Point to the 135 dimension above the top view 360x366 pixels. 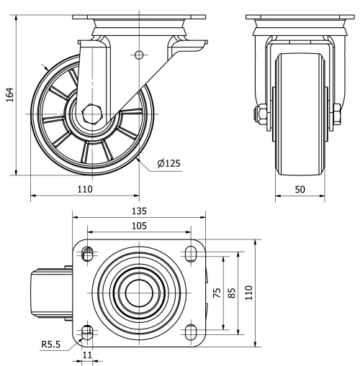tap(139, 211)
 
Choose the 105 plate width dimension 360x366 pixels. tap(139, 226)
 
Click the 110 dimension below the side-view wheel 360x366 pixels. tap(85, 189)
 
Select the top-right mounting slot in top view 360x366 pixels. tap(192, 253)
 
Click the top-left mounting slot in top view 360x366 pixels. tap(88, 253)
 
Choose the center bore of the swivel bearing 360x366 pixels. tap(138, 292)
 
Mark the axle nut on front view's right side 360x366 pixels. tap(336, 114)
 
